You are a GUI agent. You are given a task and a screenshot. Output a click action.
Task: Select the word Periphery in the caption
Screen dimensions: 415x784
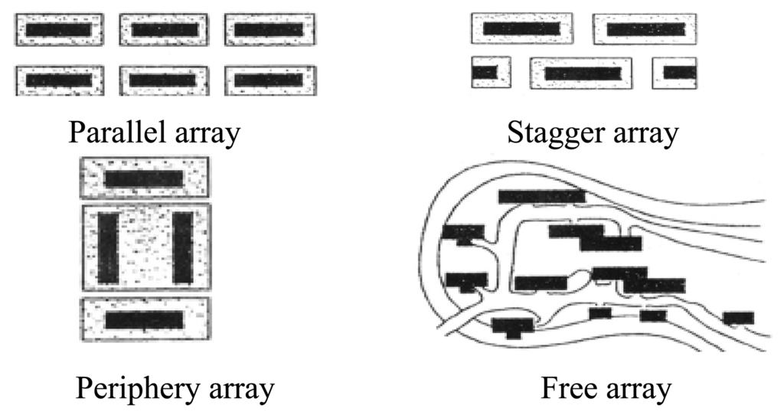130,390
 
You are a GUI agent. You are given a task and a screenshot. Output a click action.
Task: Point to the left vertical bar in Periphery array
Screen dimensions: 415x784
107,247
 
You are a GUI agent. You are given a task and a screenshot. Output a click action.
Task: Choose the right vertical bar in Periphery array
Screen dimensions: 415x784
182,247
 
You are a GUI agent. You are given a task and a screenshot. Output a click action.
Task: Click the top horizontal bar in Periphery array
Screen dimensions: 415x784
144,178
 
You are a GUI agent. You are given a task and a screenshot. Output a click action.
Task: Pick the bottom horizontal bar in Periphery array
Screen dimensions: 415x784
144,319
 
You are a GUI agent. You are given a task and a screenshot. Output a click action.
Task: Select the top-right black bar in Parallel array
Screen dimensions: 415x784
269,30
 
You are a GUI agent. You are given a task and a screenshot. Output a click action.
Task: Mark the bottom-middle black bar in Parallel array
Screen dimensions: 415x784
163,80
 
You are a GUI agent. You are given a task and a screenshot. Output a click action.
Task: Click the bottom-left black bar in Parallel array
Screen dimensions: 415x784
58,80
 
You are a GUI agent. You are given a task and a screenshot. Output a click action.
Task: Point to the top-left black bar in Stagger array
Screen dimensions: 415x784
521,28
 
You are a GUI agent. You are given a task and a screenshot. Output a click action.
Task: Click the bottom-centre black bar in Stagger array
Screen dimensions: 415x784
583,74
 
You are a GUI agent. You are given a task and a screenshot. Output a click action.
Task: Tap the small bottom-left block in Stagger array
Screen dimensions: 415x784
485,73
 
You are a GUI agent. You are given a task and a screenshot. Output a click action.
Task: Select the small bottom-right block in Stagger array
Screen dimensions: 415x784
679,73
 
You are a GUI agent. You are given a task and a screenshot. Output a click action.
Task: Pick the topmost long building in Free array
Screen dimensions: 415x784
541,197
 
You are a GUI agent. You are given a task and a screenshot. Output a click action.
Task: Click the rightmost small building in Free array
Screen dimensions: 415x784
738,318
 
